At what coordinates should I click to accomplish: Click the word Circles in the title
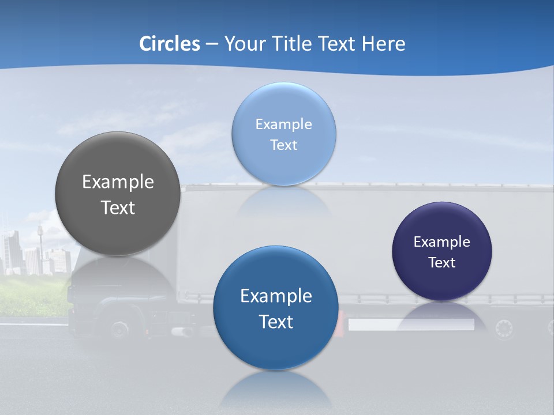pos(170,44)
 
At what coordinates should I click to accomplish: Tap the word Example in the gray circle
pos(118,182)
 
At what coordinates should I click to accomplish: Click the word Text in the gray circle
pos(118,207)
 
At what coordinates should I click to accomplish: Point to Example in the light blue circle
pos(283,124)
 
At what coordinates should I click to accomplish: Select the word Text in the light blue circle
pos(283,145)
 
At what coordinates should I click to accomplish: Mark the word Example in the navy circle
pos(441,242)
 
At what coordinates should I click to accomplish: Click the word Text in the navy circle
pos(441,263)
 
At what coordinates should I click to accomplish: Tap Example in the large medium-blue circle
pos(276,296)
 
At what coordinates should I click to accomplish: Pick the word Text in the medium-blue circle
pos(276,322)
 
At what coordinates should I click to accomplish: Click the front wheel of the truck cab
pos(119,330)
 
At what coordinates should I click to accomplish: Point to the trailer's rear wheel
pos(504,329)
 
